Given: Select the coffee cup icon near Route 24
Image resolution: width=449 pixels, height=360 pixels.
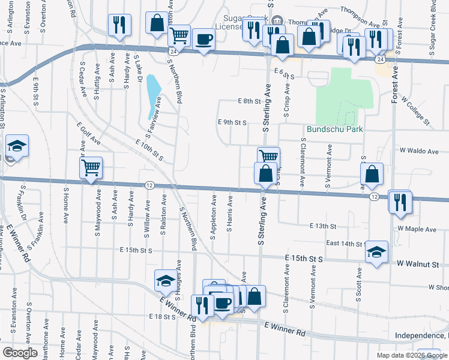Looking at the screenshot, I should [x=203, y=40].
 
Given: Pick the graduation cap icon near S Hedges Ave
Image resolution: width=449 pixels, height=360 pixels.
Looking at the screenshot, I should [x=165, y=280].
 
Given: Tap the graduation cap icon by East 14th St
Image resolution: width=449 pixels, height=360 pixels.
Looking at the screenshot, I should [x=376, y=251].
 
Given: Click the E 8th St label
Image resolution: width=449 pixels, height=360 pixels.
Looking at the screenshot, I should [x=248, y=101].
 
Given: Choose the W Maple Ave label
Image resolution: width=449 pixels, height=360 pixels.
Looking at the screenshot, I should [x=417, y=229].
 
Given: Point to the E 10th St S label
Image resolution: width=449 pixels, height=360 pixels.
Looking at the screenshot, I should [x=149, y=150].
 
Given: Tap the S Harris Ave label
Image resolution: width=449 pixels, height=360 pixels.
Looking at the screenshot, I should [x=229, y=214].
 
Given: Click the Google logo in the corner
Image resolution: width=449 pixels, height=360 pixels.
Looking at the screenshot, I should [x=20, y=353].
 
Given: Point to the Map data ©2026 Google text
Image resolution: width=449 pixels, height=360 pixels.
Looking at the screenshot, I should [x=412, y=355].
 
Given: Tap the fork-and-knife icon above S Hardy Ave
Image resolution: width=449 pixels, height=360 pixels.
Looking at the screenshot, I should [x=119, y=25].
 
